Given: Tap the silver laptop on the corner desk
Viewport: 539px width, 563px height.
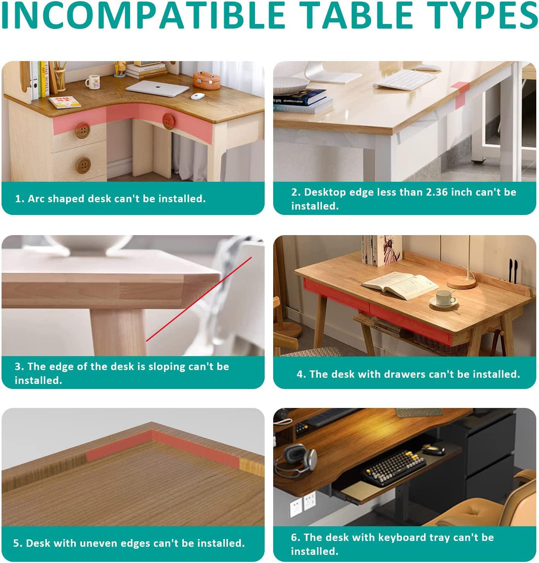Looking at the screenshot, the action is coord(157,88).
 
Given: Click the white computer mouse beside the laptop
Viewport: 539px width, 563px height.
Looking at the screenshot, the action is coord(198,96).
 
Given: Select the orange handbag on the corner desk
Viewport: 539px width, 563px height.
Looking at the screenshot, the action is coord(207,80).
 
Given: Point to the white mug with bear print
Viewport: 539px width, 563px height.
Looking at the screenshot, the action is coord(92,82).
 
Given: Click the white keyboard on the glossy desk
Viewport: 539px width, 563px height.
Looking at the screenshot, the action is coord(405,80).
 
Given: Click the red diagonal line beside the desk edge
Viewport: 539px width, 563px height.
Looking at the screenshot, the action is coord(199,299).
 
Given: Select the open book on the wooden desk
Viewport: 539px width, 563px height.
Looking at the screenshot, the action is coord(400,285).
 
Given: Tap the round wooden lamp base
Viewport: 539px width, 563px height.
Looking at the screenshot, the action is coord(462,282).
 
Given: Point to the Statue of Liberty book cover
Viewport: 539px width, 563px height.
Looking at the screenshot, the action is coord(390,250).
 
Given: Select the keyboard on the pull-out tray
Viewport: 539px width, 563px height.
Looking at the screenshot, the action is coord(394,467).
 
